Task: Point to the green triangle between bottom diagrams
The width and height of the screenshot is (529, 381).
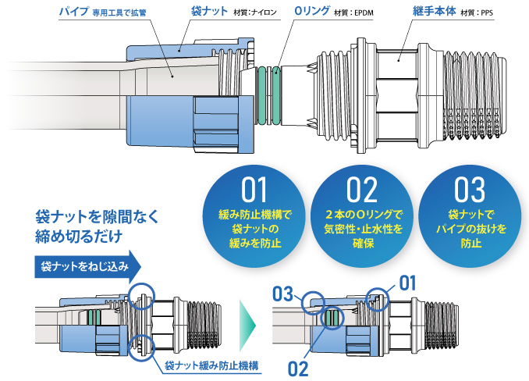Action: click(x=248, y=322)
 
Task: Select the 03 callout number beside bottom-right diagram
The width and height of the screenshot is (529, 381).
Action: click(x=283, y=294)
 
